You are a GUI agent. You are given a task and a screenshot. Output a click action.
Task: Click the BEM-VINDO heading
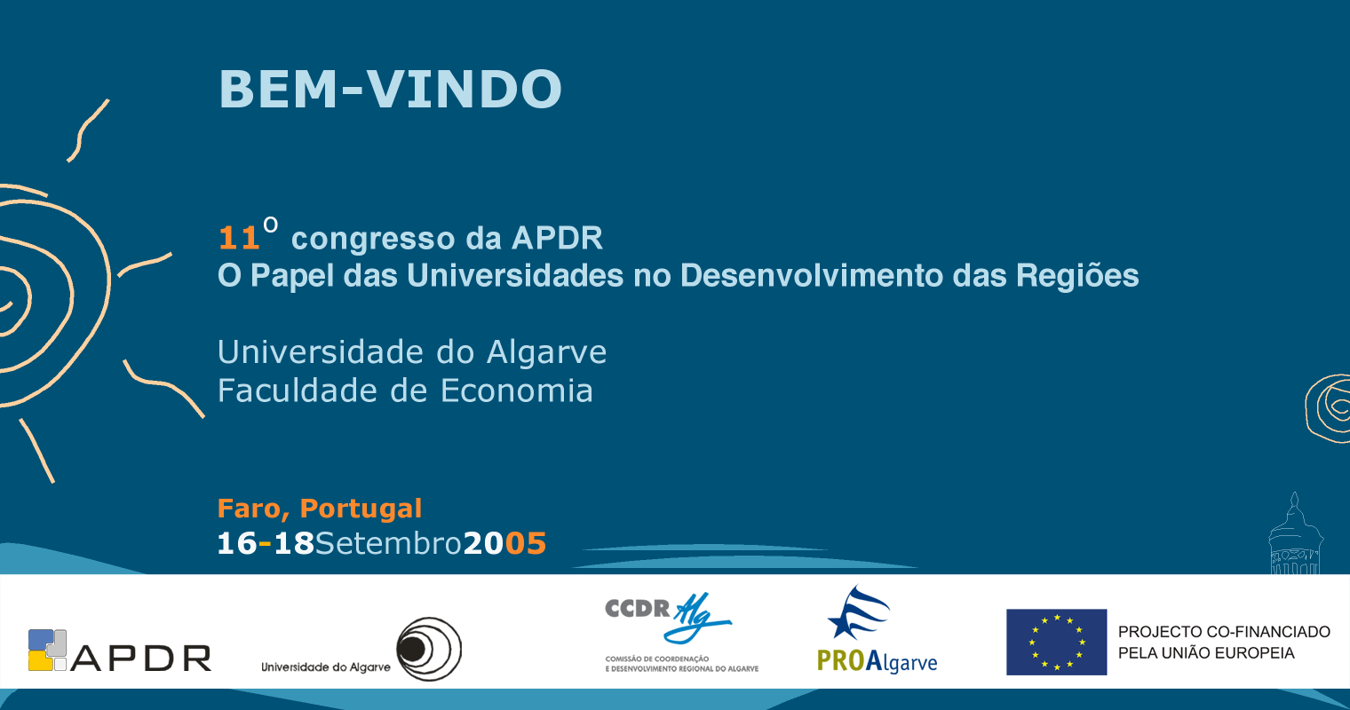pos(390,89)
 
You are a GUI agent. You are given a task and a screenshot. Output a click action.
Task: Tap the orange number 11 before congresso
pos(239,238)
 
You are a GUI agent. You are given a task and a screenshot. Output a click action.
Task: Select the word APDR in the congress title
pos(558,238)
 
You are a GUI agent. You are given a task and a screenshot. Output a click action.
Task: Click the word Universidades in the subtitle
pos(515,276)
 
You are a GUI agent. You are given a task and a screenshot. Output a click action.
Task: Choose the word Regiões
pos(1077,277)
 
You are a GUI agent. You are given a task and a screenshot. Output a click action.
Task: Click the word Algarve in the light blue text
pos(546,353)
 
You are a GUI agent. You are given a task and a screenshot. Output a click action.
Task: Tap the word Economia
pos(517,390)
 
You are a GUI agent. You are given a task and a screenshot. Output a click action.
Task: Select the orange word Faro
pos(249,509)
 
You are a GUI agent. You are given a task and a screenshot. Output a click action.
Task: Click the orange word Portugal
pos(361,509)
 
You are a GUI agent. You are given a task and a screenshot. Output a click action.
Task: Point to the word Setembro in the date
pos(388,543)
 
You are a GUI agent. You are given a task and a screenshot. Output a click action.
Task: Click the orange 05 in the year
pos(526,543)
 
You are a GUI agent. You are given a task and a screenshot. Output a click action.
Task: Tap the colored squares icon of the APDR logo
pos(47,651)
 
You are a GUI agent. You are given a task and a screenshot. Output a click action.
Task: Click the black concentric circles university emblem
pos(429,649)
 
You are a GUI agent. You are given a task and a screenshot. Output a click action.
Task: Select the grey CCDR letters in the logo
pos(637,608)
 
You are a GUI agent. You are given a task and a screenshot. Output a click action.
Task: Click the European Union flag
pos(1057,642)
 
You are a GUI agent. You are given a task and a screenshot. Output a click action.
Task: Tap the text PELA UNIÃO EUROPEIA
pos(1206,653)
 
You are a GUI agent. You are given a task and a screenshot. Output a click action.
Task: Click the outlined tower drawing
pos(1295,535)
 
